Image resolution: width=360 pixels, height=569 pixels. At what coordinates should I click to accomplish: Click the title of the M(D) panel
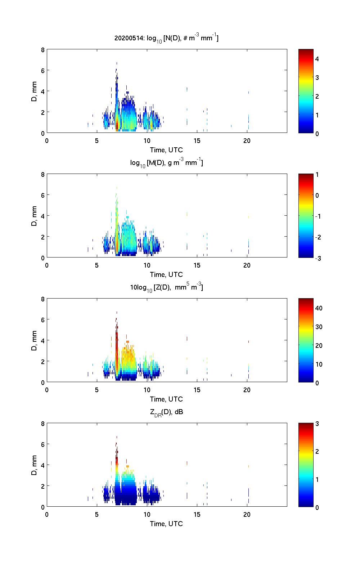(x=166, y=163)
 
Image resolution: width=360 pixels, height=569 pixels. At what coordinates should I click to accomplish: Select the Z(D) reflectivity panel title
(x=166, y=287)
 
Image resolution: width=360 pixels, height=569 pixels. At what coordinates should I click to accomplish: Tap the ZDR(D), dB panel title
(x=166, y=412)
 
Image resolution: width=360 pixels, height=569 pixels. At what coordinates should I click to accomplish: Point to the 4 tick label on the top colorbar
(x=317, y=59)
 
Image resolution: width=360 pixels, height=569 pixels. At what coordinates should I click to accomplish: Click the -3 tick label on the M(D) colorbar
(x=318, y=258)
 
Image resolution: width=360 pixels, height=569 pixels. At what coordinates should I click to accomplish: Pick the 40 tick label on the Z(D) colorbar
(x=319, y=308)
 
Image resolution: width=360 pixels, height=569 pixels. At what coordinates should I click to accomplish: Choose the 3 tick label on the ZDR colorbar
(x=317, y=424)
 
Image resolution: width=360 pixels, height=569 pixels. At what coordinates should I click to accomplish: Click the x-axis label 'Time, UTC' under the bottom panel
(x=166, y=524)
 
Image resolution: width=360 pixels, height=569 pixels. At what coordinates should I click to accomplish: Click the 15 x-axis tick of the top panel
(x=197, y=141)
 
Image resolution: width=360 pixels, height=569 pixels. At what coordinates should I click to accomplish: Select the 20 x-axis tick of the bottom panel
(x=247, y=515)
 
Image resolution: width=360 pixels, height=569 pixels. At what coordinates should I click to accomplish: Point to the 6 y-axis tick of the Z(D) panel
(x=42, y=319)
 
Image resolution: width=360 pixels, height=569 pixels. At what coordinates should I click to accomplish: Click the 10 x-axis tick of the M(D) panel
(x=147, y=265)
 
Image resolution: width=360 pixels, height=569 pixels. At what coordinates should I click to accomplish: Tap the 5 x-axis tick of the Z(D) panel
(x=97, y=390)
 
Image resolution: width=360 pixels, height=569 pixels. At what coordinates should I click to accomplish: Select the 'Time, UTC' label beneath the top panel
(x=166, y=150)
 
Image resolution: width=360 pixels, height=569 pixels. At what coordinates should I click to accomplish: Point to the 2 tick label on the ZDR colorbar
(x=317, y=452)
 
